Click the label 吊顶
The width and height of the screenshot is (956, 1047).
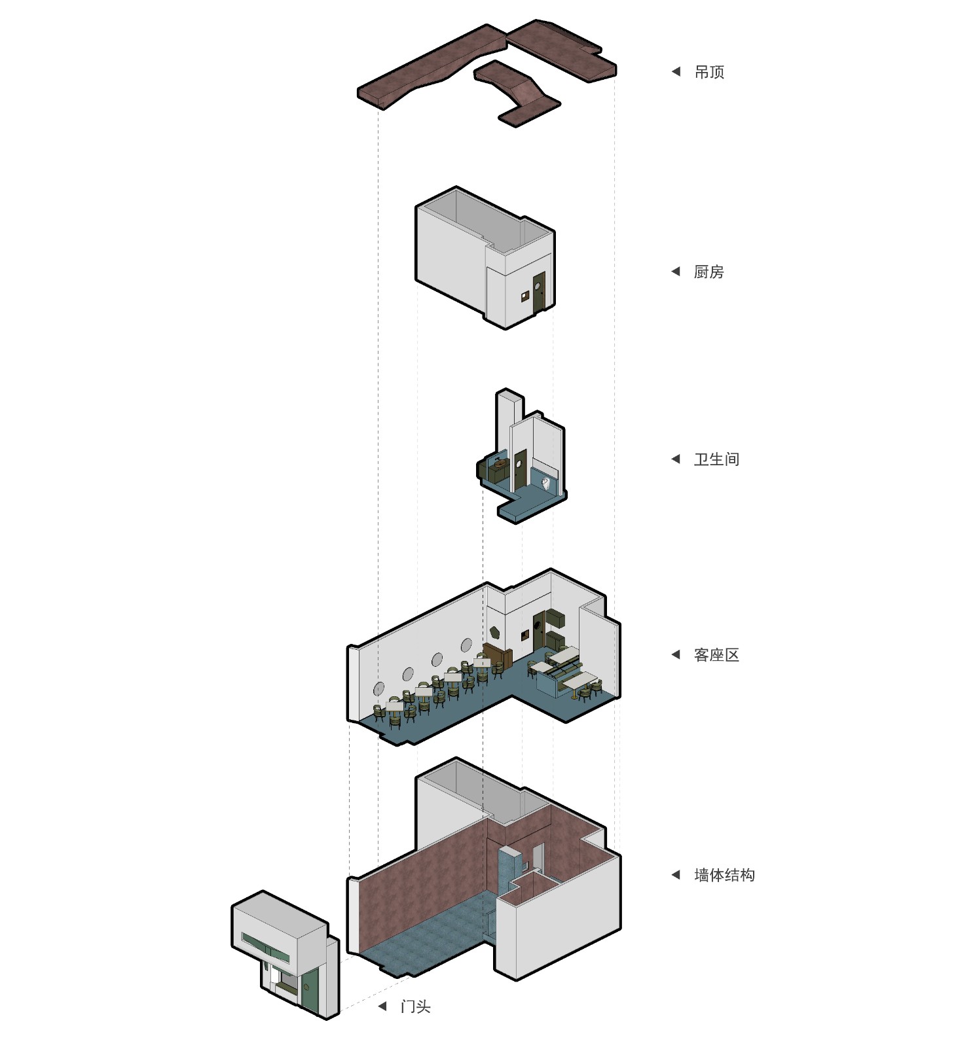pos(709,72)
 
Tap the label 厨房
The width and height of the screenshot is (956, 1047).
pos(708,272)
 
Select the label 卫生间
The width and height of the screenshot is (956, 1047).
pos(716,459)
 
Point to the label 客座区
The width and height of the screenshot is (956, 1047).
pos(716,655)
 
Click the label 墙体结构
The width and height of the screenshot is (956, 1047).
pos(724,875)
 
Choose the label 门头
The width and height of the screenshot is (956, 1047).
pos(415,1006)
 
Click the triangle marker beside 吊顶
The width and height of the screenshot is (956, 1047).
pos(676,71)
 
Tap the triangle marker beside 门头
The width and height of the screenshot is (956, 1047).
pos(382,1006)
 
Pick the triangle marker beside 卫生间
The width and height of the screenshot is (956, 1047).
pos(676,459)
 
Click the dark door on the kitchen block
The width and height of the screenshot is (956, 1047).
pos(538,293)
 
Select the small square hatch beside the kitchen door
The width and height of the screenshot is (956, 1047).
pos(524,297)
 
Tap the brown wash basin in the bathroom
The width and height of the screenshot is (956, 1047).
pos(500,465)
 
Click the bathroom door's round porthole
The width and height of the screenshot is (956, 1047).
pos(519,464)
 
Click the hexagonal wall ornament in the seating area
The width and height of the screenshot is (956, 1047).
pos(496,632)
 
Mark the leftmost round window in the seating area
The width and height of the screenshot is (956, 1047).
pos(379,688)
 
